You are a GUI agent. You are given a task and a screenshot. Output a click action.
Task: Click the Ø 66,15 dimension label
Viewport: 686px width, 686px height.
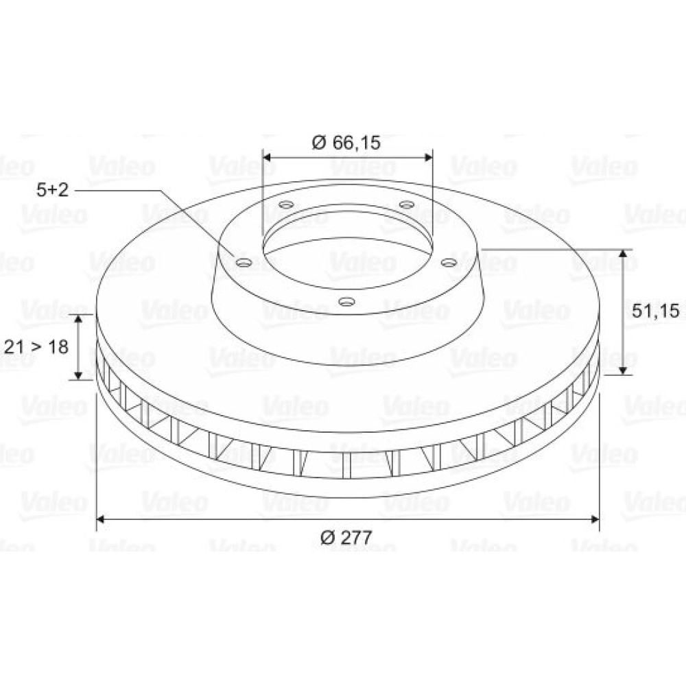coord(346,143)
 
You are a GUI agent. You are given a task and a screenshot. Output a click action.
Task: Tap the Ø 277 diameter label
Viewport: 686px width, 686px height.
coord(346,537)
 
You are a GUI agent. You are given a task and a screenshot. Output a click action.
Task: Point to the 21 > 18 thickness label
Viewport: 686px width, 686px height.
coord(36,347)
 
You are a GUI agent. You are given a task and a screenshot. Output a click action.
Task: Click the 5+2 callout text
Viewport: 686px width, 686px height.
coord(53,190)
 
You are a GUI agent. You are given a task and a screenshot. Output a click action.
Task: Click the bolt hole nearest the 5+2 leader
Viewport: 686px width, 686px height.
coord(244,263)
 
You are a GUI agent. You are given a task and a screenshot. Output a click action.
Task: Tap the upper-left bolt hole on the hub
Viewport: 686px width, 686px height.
coord(287,204)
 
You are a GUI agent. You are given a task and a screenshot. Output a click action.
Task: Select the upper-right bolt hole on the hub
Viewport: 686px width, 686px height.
coord(407,204)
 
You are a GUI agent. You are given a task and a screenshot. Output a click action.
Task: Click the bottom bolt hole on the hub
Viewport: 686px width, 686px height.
coord(346,301)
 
